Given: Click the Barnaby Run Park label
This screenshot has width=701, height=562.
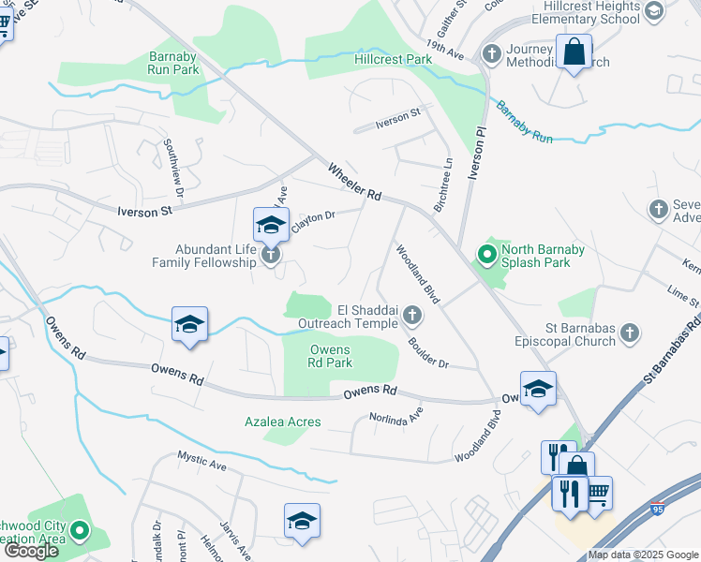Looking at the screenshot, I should [173, 62].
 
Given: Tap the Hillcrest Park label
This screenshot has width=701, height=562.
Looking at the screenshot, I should [393, 59].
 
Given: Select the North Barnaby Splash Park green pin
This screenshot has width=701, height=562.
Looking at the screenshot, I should [486, 254].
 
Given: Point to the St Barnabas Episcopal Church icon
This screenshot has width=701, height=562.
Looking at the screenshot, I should [630, 333].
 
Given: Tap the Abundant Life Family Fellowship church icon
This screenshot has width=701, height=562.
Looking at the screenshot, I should [271, 254].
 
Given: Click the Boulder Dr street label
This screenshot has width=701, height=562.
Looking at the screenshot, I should [428, 351].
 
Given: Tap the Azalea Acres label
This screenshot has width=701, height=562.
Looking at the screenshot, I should [283, 421].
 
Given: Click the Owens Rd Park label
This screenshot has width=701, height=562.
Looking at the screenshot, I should [330, 356].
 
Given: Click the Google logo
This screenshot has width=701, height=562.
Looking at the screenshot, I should [31, 551].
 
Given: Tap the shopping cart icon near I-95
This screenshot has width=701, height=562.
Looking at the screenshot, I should [598, 491].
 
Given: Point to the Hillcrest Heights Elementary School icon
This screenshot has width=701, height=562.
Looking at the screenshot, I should [653, 10].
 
